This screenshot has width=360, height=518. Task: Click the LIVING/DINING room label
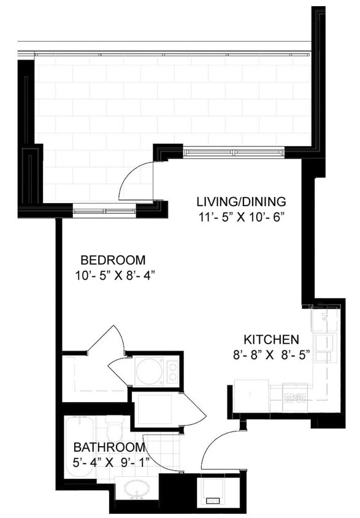[241, 201]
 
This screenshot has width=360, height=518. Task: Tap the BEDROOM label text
[113, 259]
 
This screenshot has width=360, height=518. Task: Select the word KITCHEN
[271, 339]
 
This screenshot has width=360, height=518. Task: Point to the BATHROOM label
[109, 447]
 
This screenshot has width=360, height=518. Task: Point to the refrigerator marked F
[251, 396]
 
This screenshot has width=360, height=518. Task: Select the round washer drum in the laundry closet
[148, 371]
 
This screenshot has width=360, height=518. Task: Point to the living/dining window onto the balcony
[233, 152]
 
